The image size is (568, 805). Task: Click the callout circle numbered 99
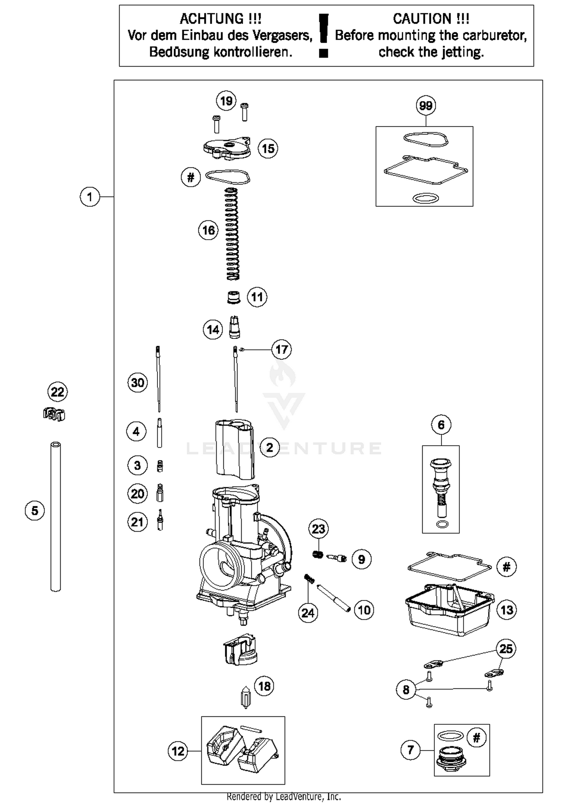pos(426,106)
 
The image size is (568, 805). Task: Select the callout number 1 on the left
pos(90,197)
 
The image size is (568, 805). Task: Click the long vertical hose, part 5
pos(56,516)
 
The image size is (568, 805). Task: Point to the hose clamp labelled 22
pos(54,414)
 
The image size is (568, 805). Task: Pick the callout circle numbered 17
pos(281,349)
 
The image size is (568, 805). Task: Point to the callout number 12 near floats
pos(178,751)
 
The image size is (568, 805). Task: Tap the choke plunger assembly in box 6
pos(441,487)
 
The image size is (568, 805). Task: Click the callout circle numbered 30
pos(137,382)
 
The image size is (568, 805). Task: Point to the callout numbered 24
pos(308,613)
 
